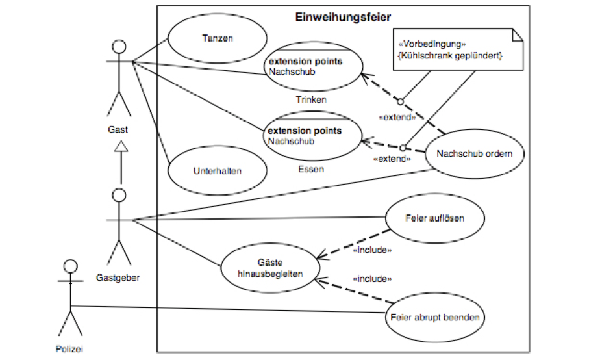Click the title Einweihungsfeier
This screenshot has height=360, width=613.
[x=343, y=17]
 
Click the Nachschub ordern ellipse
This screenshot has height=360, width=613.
[x=474, y=155]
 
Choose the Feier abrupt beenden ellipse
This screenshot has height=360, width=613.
[x=435, y=318]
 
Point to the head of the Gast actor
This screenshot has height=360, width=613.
[x=118, y=47]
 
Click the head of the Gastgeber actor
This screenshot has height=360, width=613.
[x=118, y=195]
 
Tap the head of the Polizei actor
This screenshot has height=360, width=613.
[x=71, y=266]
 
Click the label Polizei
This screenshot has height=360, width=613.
[x=69, y=349]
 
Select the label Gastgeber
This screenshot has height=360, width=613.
[x=118, y=278]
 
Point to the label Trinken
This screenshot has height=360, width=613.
[x=311, y=100]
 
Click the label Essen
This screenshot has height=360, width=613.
[x=311, y=170]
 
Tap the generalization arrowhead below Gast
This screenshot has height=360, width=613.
[x=119, y=148]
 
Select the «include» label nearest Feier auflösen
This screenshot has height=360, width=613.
[x=373, y=250]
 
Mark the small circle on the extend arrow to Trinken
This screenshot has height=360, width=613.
[x=401, y=101]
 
